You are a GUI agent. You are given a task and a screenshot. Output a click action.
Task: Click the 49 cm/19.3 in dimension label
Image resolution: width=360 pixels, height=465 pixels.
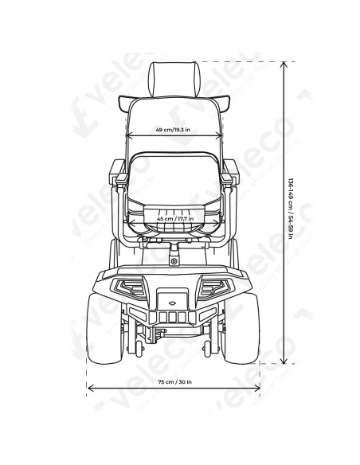click(173, 130)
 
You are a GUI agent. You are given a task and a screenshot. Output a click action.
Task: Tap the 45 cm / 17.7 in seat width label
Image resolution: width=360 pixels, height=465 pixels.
click(175, 218)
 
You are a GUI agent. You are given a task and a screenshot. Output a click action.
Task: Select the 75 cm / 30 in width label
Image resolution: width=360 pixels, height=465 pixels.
click(174, 381)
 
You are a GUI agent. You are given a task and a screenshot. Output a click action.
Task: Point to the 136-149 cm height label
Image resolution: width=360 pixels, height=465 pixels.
click(291, 209)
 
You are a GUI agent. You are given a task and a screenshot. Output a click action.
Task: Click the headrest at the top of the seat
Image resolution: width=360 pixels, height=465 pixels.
click(174, 79)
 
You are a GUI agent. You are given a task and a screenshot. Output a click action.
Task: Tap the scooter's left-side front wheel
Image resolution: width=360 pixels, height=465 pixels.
click(104, 328)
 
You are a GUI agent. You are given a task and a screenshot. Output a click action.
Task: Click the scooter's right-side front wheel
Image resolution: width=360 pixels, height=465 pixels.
click(242, 328)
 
